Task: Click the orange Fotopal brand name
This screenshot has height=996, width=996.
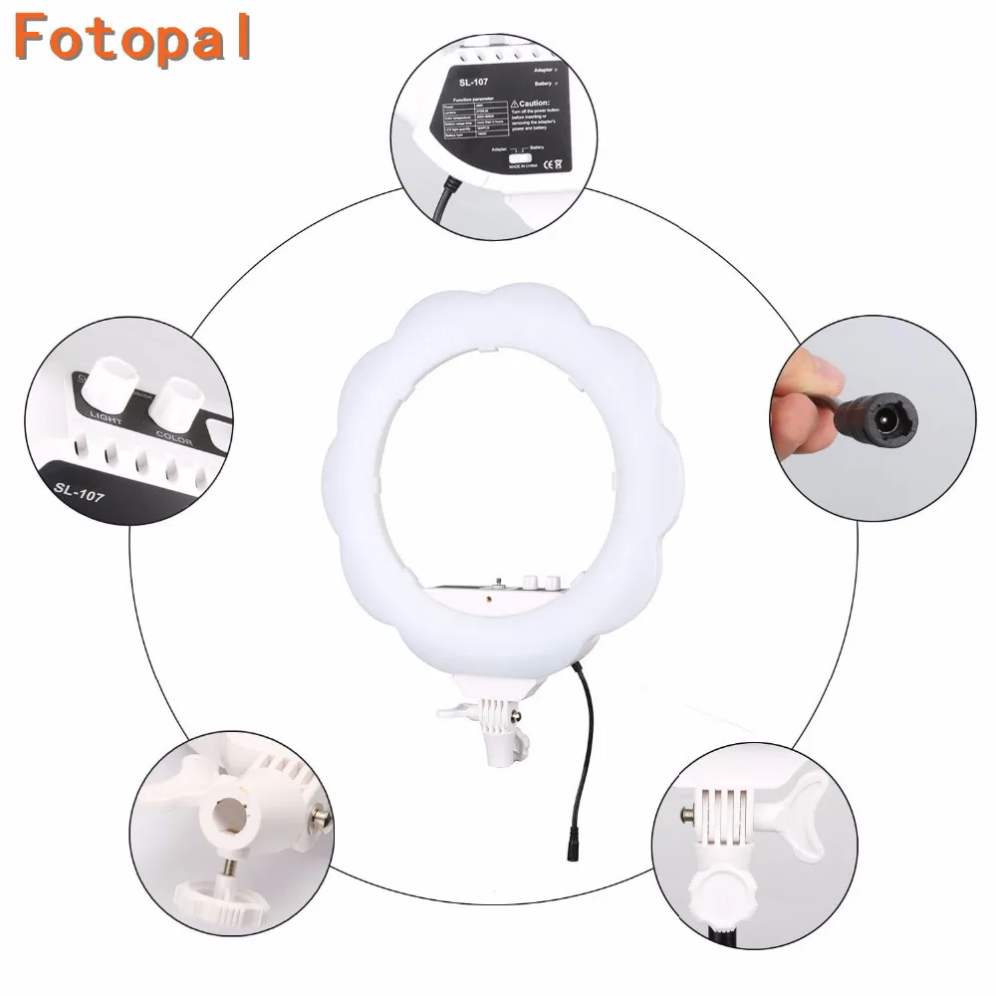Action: [132, 37]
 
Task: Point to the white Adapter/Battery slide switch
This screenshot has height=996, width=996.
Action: [519, 158]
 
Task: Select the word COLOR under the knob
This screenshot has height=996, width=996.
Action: [175, 435]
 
